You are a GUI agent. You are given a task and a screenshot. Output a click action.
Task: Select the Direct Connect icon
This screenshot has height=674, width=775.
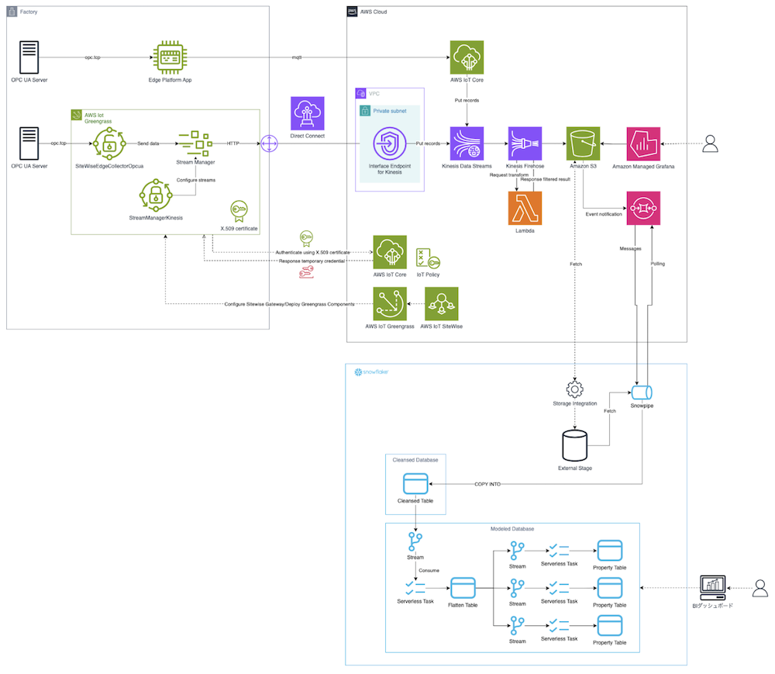click(308, 114)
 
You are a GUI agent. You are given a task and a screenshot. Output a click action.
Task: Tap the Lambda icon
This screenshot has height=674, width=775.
click(525, 208)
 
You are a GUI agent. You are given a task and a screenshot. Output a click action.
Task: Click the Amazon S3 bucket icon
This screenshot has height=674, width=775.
click(583, 143)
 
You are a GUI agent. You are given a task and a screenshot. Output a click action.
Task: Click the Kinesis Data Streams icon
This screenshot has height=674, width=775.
click(467, 143)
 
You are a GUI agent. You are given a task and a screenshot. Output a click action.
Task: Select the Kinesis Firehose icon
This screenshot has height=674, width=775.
click(525, 143)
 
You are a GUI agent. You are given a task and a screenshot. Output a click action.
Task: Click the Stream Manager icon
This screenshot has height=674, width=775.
click(195, 143)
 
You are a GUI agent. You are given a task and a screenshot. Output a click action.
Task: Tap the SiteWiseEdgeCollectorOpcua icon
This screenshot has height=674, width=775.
click(108, 144)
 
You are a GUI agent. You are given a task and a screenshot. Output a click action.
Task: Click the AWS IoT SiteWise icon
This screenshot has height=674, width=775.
click(441, 304)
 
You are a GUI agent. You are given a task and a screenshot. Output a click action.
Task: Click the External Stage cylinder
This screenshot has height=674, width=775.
click(574, 444)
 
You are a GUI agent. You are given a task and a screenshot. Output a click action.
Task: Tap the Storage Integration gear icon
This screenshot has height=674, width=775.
click(574, 388)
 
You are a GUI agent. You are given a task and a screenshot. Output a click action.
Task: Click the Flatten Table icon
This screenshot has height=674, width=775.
click(462, 586)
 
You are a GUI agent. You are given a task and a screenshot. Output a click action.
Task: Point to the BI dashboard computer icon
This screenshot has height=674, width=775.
click(712, 587)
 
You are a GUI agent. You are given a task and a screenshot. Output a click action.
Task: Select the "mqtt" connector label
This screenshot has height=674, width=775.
click(297, 58)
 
